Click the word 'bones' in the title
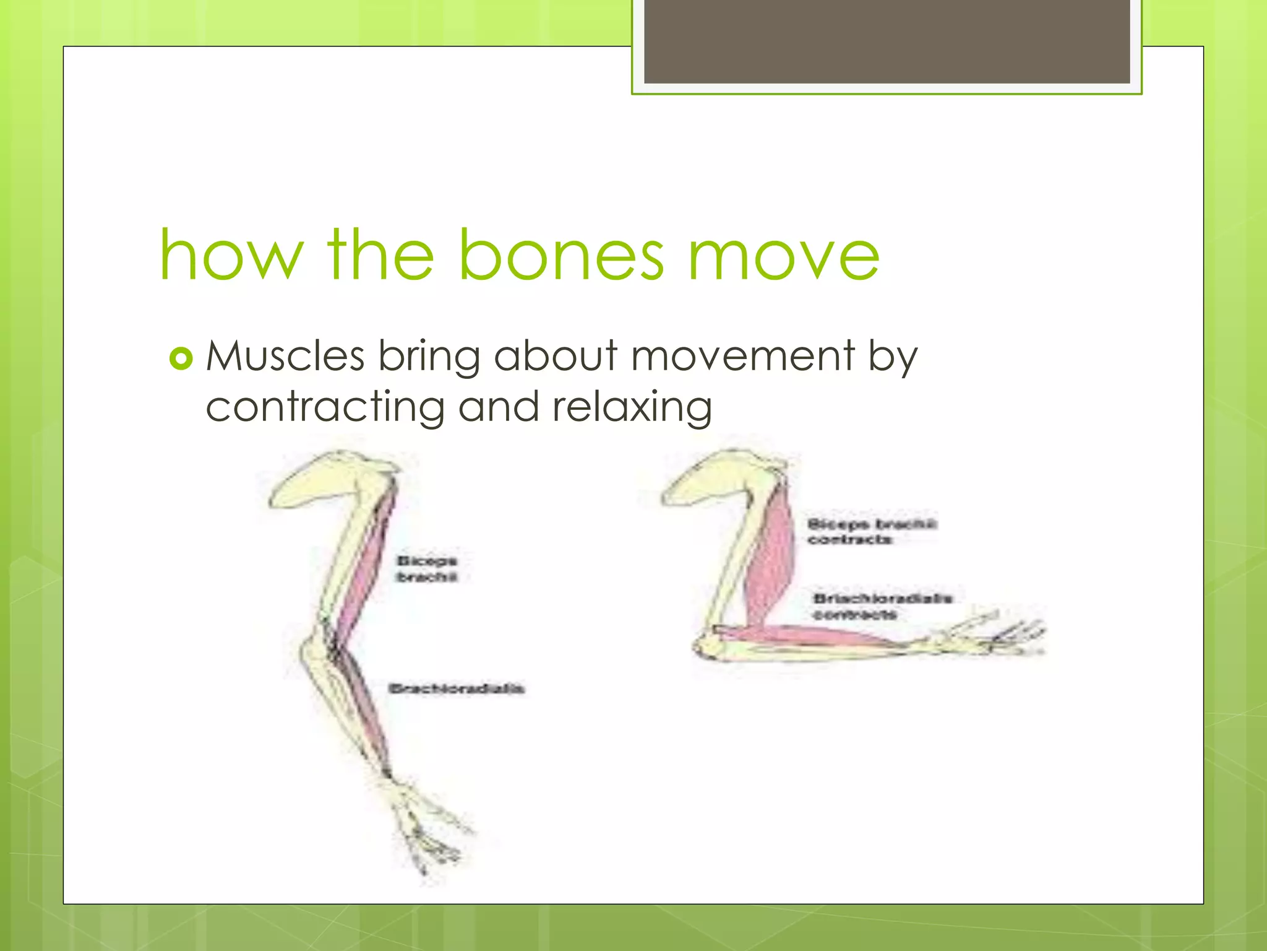pos(561,255)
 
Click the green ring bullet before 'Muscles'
pos(181,358)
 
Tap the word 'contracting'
pos(325,407)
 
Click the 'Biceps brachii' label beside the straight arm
pos(427,568)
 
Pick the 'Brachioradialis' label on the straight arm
pos(457,688)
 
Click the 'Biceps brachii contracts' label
pos(871,532)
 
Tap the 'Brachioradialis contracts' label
pos(882,606)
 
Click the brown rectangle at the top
pos(887,41)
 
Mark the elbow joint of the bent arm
pos(708,644)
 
